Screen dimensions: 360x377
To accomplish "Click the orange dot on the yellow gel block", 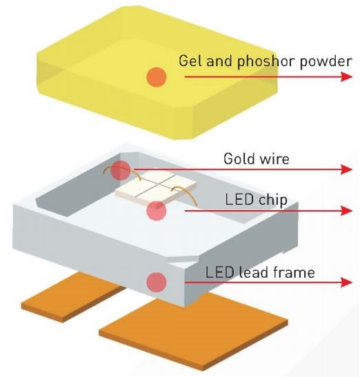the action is [x=157, y=77].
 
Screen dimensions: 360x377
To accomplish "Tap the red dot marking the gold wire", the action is [x=121, y=170].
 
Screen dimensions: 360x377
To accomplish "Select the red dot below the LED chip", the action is [x=157, y=211].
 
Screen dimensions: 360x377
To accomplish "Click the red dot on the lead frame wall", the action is [x=157, y=282].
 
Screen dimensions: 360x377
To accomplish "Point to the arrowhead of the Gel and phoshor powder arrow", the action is [x=347, y=77].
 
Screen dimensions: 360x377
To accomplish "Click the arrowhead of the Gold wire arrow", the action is [x=347, y=170].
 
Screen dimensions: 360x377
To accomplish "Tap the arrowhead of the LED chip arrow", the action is [x=347, y=211].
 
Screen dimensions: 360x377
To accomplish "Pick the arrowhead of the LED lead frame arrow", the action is [x=347, y=282].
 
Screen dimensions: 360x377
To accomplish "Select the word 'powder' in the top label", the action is [x=326, y=61].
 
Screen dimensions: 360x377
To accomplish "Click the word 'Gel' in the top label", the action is [x=191, y=61].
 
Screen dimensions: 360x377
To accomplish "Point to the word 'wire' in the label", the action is [x=274, y=159].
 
